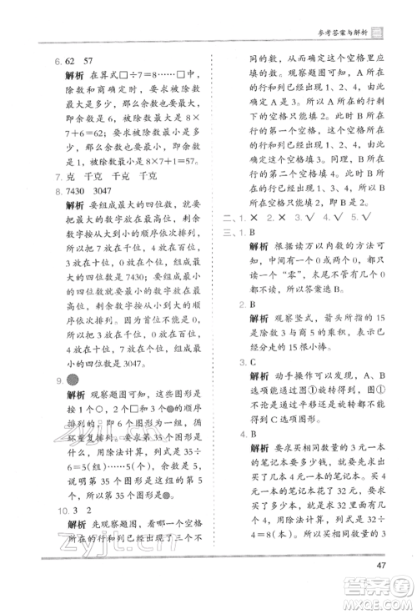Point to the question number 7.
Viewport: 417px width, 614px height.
[x=55, y=176]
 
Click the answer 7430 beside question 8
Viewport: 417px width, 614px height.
[x=77, y=191]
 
